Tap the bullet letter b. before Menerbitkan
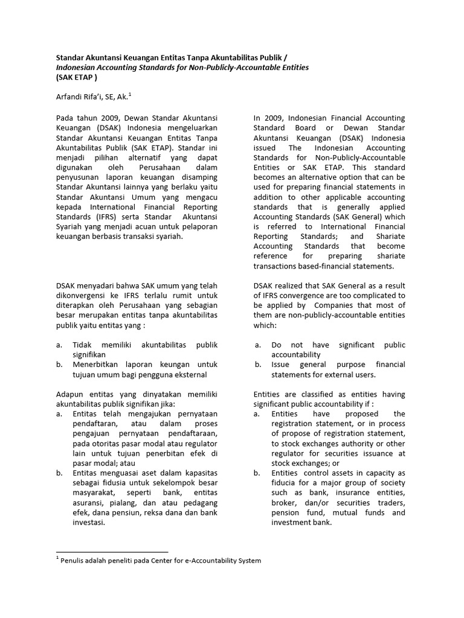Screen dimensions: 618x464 [x=59, y=365]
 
